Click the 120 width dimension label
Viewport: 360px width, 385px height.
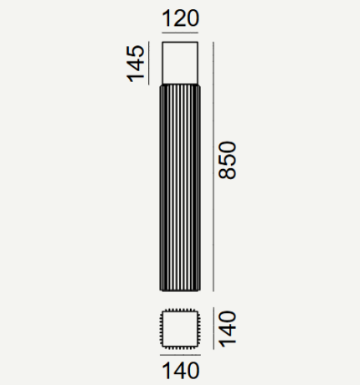tap(180, 18)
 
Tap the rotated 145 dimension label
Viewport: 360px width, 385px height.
tap(136, 64)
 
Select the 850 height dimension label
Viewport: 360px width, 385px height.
tap(228, 160)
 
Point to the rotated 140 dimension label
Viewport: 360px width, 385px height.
tap(228, 329)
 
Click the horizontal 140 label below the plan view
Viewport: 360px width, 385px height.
tap(181, 371)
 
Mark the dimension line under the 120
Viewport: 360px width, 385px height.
tap(180, 33)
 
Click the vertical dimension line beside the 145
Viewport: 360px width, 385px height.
tap(148, 63)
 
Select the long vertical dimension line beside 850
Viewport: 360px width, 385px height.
tap(213, 167)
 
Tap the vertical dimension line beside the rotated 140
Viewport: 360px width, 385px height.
tap(213, 328)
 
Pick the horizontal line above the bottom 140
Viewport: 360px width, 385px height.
tap(180, 355)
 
